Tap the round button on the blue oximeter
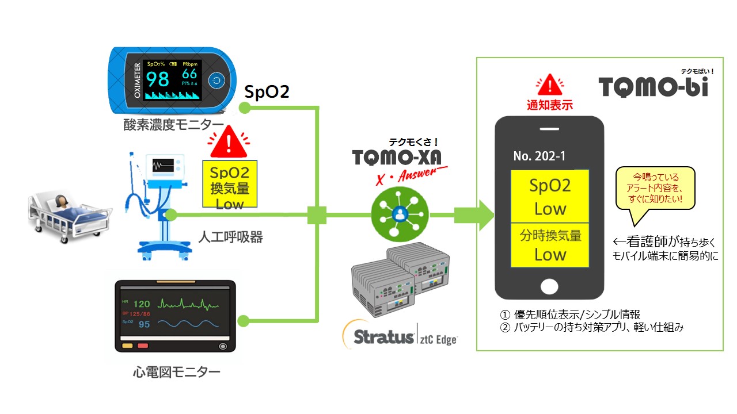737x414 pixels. pyautogui.click(x=216, y=80)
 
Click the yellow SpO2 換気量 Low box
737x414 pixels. pyautogui.click(x=230, y=184)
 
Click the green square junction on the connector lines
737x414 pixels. pyautogui.click(x=317, y=215)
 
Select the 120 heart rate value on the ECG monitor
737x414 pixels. pyautogui.click(x=141, y=304)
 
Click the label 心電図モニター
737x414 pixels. pyautogui.click(x=176, y=372)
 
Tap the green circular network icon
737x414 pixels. pyautogui.click(x=398, y=213)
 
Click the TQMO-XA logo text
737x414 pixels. pyautogui.click(x=393, y=157)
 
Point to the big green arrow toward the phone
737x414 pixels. pyautogui.click(x=475, y=215)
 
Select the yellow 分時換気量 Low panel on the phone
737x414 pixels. pyautogui.click(x=550, y=245)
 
